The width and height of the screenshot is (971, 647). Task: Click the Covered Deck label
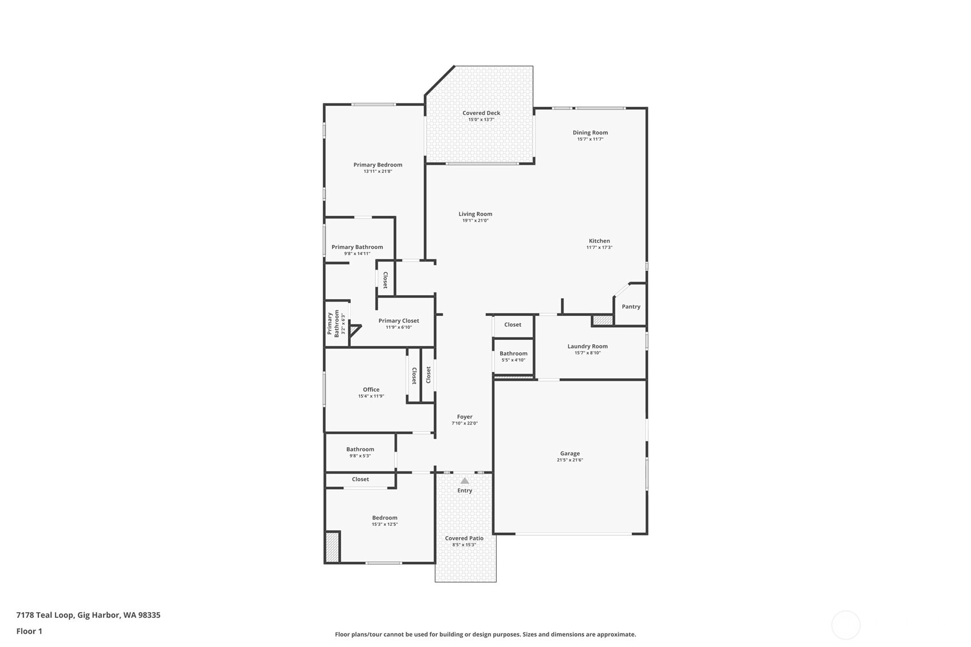tap(481, 113)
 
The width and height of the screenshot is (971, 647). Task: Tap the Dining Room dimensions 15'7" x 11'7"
tap(590, 139)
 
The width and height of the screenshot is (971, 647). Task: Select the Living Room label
tap(475, 214)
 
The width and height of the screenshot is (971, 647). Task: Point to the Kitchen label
tap(599, 241)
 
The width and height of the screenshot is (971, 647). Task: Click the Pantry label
tap(631, 307)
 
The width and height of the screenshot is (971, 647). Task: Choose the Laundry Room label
tap(588, 346)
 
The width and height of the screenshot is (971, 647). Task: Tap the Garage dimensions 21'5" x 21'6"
tap(569, 461)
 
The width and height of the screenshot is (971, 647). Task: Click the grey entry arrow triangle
tap(465, 481)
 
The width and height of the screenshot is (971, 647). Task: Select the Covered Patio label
tap(464, 538)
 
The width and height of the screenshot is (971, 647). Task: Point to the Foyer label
tap(465, 417)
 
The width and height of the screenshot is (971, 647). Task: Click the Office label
tap(371, 390)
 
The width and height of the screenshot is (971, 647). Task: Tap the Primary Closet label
tap(399, 321)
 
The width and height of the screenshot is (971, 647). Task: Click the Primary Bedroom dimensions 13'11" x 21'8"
tap(378, 171)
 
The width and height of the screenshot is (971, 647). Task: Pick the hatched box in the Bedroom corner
tap(332, 547)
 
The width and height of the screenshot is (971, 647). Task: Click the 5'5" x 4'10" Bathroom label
tap(513, 354)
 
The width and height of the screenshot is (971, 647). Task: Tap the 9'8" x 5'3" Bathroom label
tap(360, 450)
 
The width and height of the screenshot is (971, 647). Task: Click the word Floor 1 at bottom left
tap(30, 632)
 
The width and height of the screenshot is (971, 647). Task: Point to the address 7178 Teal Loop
tap(45, 616)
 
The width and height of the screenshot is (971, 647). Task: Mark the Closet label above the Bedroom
tap(360, 479)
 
